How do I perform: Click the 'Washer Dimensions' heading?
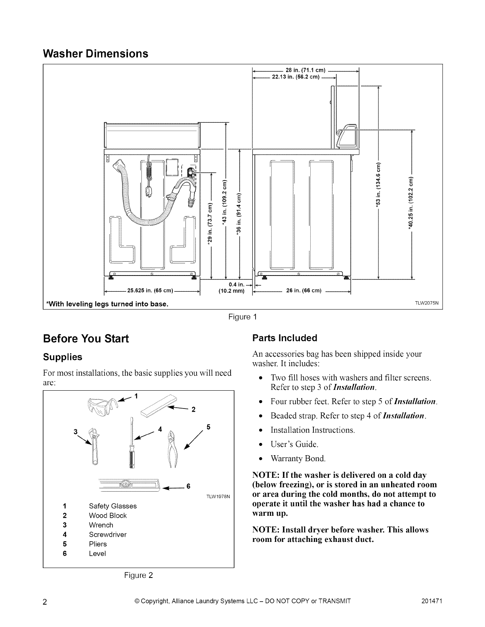95,53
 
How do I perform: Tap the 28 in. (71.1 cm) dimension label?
305,70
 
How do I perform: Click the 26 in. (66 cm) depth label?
303,292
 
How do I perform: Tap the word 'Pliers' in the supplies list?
98,544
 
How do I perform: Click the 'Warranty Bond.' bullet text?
298,458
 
